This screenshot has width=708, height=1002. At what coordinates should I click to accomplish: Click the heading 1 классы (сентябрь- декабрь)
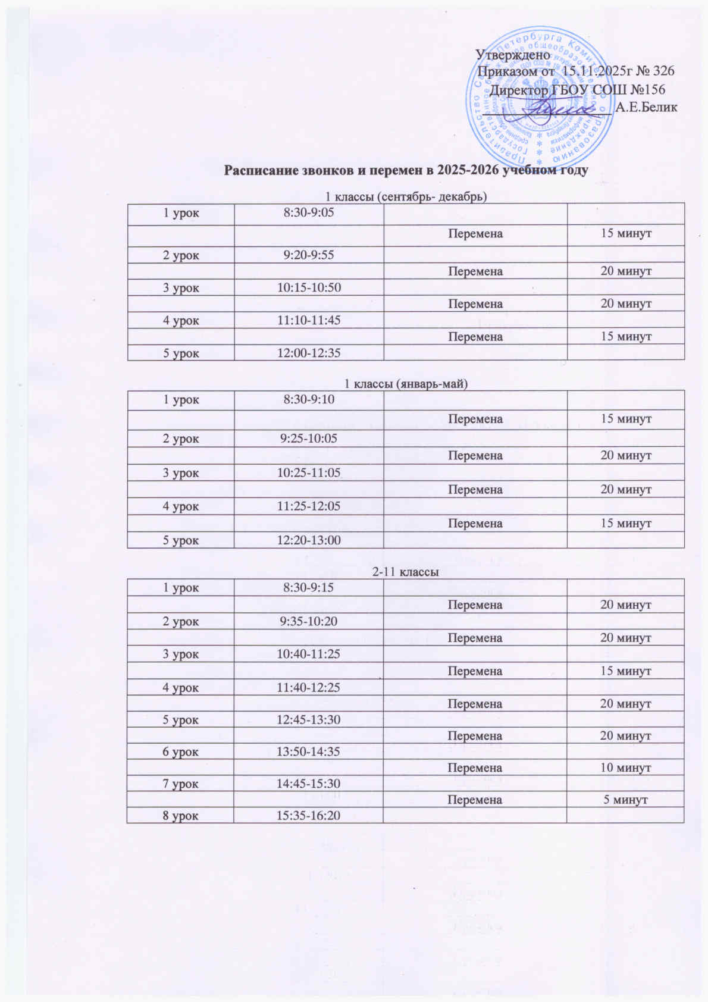[406, 196]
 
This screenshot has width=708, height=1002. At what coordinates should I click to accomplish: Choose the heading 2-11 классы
[406, 572]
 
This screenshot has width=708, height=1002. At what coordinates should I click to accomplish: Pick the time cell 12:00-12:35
[308, 353]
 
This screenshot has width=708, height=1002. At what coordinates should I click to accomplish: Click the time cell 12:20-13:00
[308, 540]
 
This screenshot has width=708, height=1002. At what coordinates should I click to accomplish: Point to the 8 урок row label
[181, 815]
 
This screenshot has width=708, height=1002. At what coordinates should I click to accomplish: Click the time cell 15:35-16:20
[308, 815]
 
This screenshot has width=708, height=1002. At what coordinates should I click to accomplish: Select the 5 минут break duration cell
[625, 800]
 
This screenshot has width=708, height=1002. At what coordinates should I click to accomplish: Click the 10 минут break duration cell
[625, 768]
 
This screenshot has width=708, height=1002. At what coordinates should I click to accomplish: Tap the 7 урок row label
[181, 784]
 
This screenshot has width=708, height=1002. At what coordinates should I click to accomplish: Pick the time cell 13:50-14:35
[308, 751]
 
